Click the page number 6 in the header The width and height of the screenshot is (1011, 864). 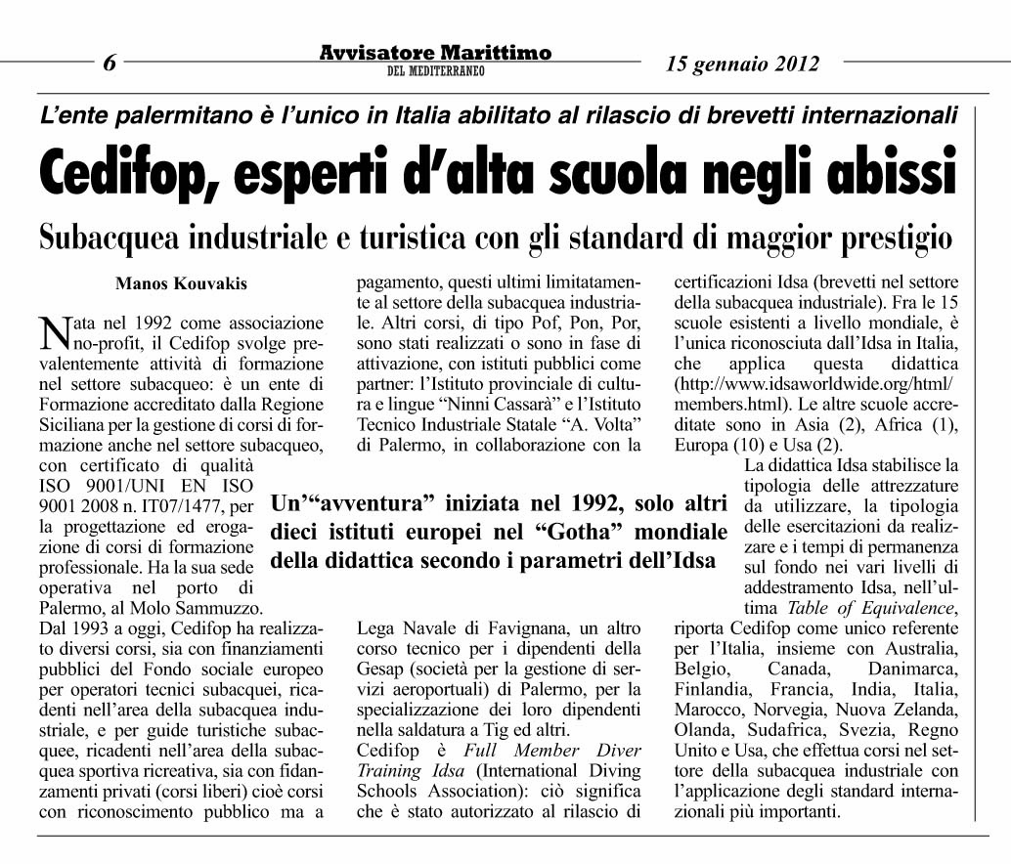click(x=110, y=65)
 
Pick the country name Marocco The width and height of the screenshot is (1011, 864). click(x=709, y=711)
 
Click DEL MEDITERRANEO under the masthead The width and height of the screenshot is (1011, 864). click(x=435, y=71)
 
